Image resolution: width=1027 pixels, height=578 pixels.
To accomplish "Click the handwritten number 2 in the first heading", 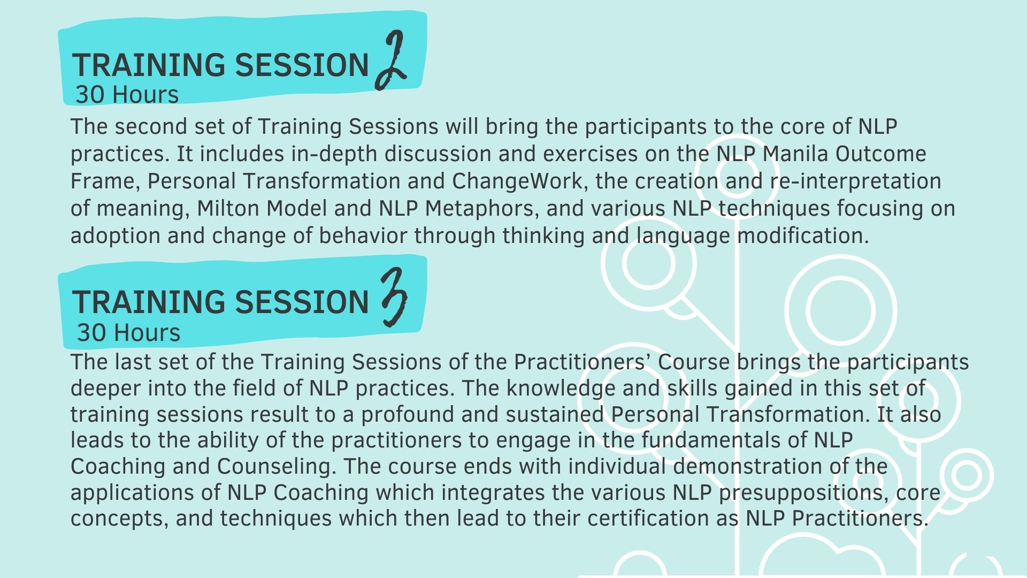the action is click(390, 60).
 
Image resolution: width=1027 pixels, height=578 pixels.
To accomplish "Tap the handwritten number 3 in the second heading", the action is click(394, 298).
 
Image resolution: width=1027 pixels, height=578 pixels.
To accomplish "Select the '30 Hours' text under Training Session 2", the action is click(127, 95).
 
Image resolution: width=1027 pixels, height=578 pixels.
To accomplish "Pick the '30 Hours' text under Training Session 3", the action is click(129, 333).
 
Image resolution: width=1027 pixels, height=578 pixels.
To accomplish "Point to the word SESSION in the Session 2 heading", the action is click(302, 65).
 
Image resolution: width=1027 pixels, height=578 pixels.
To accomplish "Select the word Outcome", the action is click(880, 154).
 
